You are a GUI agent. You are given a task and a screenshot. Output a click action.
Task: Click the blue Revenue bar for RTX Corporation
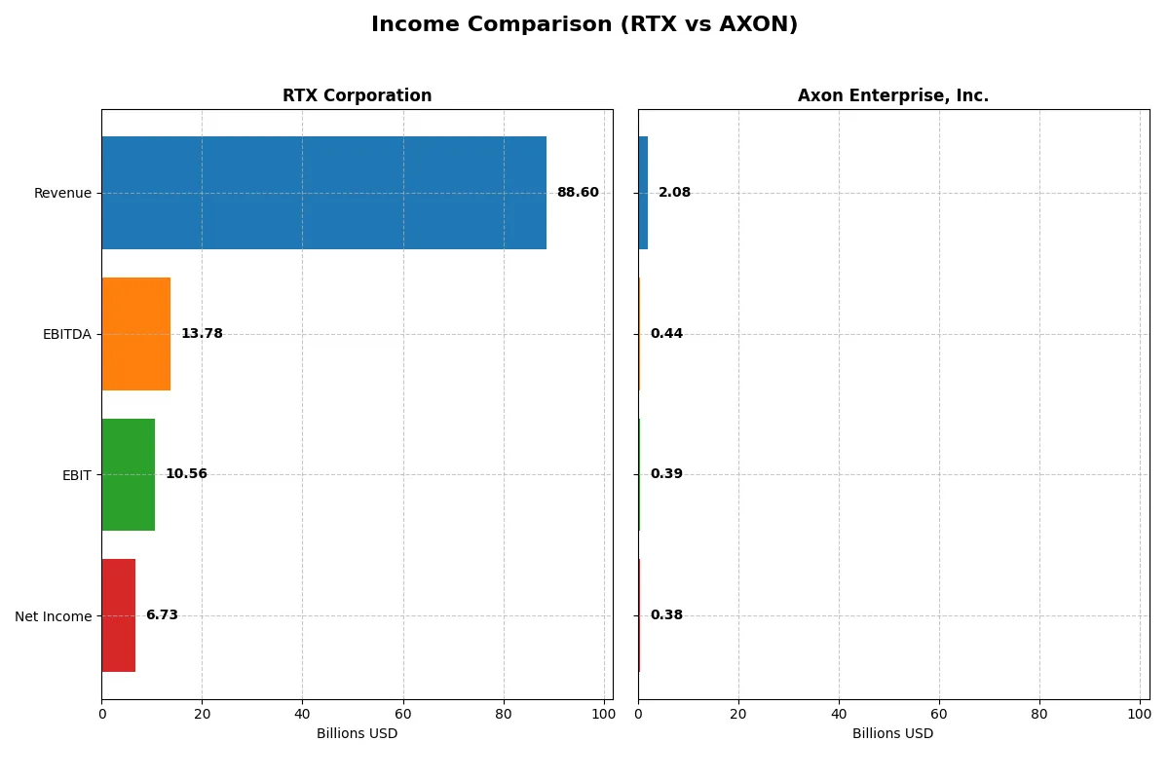coord(323,193)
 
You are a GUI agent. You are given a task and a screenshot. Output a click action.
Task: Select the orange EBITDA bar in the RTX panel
coord(136,334)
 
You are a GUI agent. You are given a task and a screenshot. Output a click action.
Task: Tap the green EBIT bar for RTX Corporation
coord(129,474)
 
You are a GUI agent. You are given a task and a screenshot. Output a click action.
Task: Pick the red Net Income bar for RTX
coord(119,615)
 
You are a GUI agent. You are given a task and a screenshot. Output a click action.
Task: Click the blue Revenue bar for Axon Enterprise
coord(643,193)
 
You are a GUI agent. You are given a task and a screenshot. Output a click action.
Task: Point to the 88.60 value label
coord(578,193)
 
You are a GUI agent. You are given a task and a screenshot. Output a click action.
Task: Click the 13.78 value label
coord(202,334)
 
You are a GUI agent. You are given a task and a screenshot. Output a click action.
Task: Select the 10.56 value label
coord(186,474)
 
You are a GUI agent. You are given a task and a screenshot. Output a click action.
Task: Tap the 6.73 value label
coord(162,615)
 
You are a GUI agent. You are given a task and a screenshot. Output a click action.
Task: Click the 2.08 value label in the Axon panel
coord(674,193)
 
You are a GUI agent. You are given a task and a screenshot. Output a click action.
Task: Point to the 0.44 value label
coord(666,334)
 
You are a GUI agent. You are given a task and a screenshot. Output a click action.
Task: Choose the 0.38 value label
coord(666,615)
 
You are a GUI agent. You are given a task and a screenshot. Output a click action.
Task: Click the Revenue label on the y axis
coord(62,193)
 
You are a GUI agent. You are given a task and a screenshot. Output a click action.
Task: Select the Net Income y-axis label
coord(54,616)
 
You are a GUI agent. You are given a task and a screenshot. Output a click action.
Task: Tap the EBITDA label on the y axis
coord(67,334)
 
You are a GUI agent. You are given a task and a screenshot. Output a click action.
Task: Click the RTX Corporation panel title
coord(357,95)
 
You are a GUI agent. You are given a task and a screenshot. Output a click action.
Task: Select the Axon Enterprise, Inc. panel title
coord(892,95)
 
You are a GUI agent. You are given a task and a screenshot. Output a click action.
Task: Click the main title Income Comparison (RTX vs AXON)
coord(584,25)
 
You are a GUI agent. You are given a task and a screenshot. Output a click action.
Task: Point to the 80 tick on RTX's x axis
coord(504,714)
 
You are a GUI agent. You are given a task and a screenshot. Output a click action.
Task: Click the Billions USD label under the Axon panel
coord(892,733)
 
